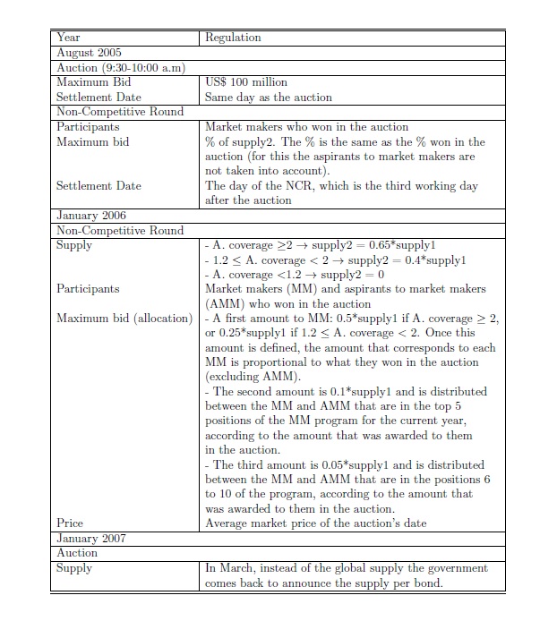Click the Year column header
point(68,38)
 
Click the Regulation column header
point(233,38)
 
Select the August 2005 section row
point(89,53)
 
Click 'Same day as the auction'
point(269,97)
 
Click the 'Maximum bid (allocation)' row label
point(124,319)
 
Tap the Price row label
point(70,523)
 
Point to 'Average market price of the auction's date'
point(316,523)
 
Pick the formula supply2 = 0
point(355,275)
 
